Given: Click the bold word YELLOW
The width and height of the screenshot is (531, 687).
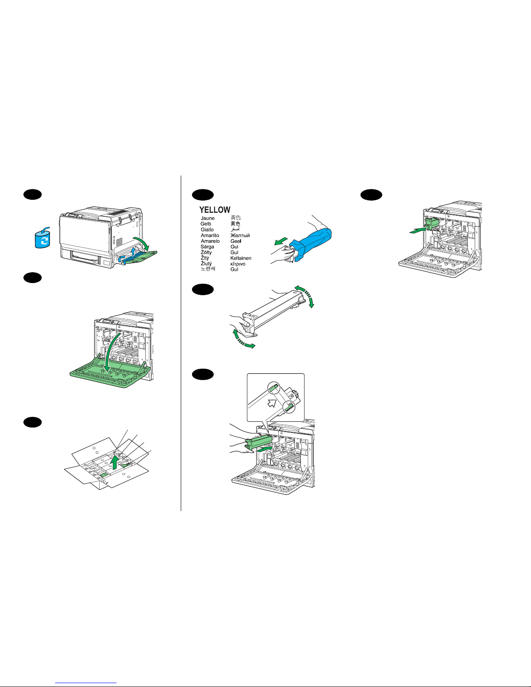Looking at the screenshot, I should (215, 210).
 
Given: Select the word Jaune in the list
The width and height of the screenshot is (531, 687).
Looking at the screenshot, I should (208, 218).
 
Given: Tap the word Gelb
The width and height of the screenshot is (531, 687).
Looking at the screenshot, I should (206, 224).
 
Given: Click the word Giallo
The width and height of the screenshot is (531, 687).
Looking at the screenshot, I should (207, 230).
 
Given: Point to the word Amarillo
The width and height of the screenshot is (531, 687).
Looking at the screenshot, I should (210, 235).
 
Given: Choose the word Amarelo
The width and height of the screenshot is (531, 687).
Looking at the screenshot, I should (210, 241).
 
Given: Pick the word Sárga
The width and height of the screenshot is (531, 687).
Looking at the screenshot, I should (207, 247).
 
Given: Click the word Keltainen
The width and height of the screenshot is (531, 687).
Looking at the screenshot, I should (241, 258).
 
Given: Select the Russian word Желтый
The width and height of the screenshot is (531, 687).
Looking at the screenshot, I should (240, 235).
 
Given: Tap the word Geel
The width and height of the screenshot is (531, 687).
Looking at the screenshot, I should (236, 241).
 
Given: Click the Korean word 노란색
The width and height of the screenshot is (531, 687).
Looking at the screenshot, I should (208, 269).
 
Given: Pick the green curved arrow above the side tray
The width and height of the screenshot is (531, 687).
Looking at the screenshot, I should (143, 241).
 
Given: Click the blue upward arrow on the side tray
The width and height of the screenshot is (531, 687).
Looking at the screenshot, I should (133, 251).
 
